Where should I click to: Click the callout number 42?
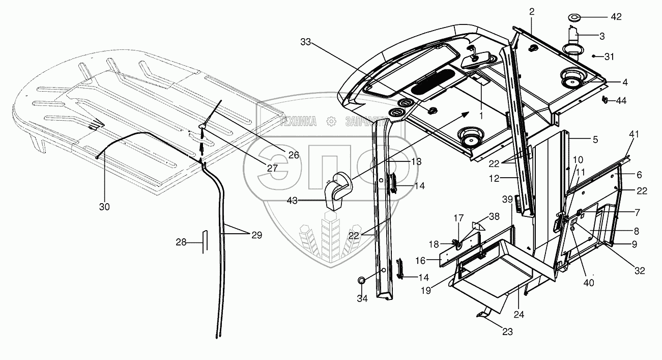[616, 17]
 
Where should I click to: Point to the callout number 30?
[104, 207]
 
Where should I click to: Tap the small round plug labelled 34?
[362, 281]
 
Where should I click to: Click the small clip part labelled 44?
[605, 99]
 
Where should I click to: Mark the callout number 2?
[531, 12]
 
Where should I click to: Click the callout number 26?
[293, 155]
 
